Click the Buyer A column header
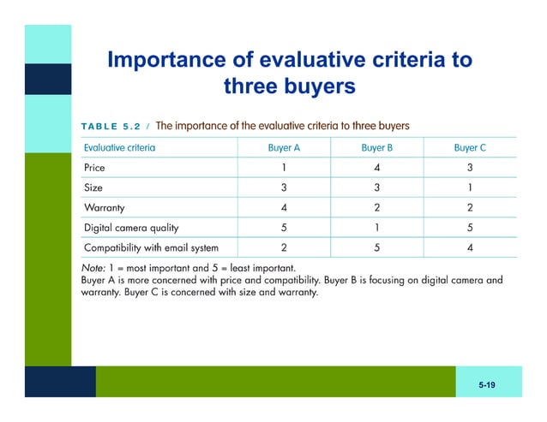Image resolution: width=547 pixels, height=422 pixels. tap(284, 147)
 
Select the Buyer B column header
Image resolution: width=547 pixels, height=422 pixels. tap(377, 147)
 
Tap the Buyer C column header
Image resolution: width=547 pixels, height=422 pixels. tap(470, 147)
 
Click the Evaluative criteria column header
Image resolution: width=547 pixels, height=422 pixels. tap(119, 147)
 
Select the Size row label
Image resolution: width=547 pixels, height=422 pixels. tap(93, 187)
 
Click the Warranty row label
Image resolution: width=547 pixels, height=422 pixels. tap(105, 208)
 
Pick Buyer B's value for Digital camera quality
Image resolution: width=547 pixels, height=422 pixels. tap(377, 229)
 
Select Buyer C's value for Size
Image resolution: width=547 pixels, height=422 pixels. tap(470, 187)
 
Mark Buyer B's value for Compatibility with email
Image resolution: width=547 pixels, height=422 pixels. tap(377, 248)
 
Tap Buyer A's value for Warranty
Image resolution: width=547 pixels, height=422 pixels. tap(284, 208)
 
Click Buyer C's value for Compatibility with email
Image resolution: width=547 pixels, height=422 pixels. tap(470, 248)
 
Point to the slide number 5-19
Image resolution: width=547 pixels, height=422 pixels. tap(487, 387)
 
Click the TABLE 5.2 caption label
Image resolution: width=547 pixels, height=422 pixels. tap(111, 127)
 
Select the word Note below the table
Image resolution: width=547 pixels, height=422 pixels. tap(93, 268)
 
